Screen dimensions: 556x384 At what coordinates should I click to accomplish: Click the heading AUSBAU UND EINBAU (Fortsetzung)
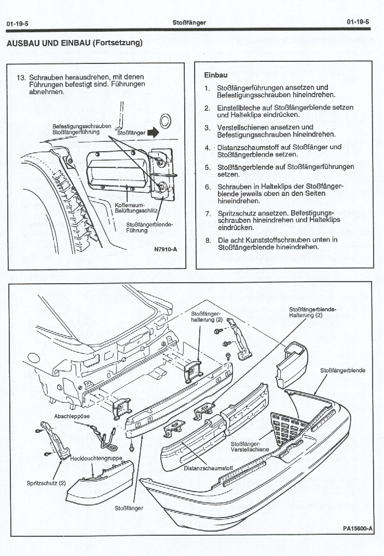(74, 43)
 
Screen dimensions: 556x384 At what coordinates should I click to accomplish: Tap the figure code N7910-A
(166, 249)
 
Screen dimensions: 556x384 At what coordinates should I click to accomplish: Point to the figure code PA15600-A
(358, 529)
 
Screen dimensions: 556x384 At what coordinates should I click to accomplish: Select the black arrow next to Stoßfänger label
(153, 133)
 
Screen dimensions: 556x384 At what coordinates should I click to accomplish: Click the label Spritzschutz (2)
(46, 483)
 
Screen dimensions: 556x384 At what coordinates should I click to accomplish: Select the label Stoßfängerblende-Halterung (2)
(312, 312)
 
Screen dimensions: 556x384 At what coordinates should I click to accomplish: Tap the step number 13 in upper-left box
(21, 77)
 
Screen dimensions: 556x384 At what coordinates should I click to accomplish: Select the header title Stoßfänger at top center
(189, 22)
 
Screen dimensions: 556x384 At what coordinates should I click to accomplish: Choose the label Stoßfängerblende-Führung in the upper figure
(149, 227)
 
